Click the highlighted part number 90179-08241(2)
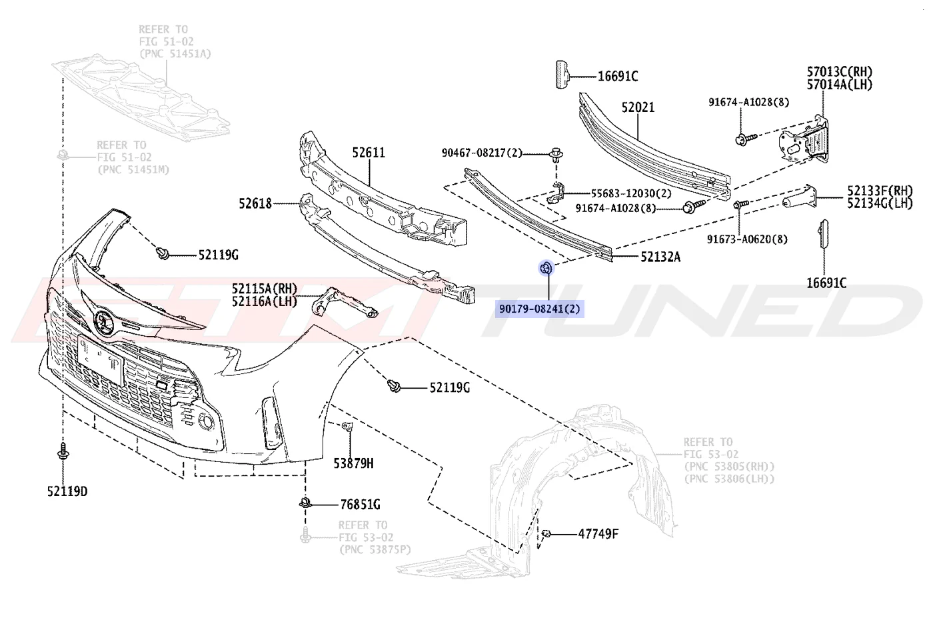pos(539,309)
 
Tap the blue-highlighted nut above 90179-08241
pos(546,268)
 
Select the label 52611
pos(369,153)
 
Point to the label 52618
pos(255,203)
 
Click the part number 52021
pos(638,107)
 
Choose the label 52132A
pos(660,257)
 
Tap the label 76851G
pos(361,505)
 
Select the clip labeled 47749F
pos(546,533)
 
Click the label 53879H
pos(354,463)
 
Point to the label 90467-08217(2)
pos(482,153)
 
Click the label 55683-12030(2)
pos(632,194)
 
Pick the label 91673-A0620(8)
pos(747,239)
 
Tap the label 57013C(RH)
pos(840,72)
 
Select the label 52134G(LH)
pos(880,203)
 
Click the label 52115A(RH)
pos(265,288)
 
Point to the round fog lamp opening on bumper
pos(206,421)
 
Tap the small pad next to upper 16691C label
pos(562,75)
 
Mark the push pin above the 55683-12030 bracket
pos(556,155)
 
